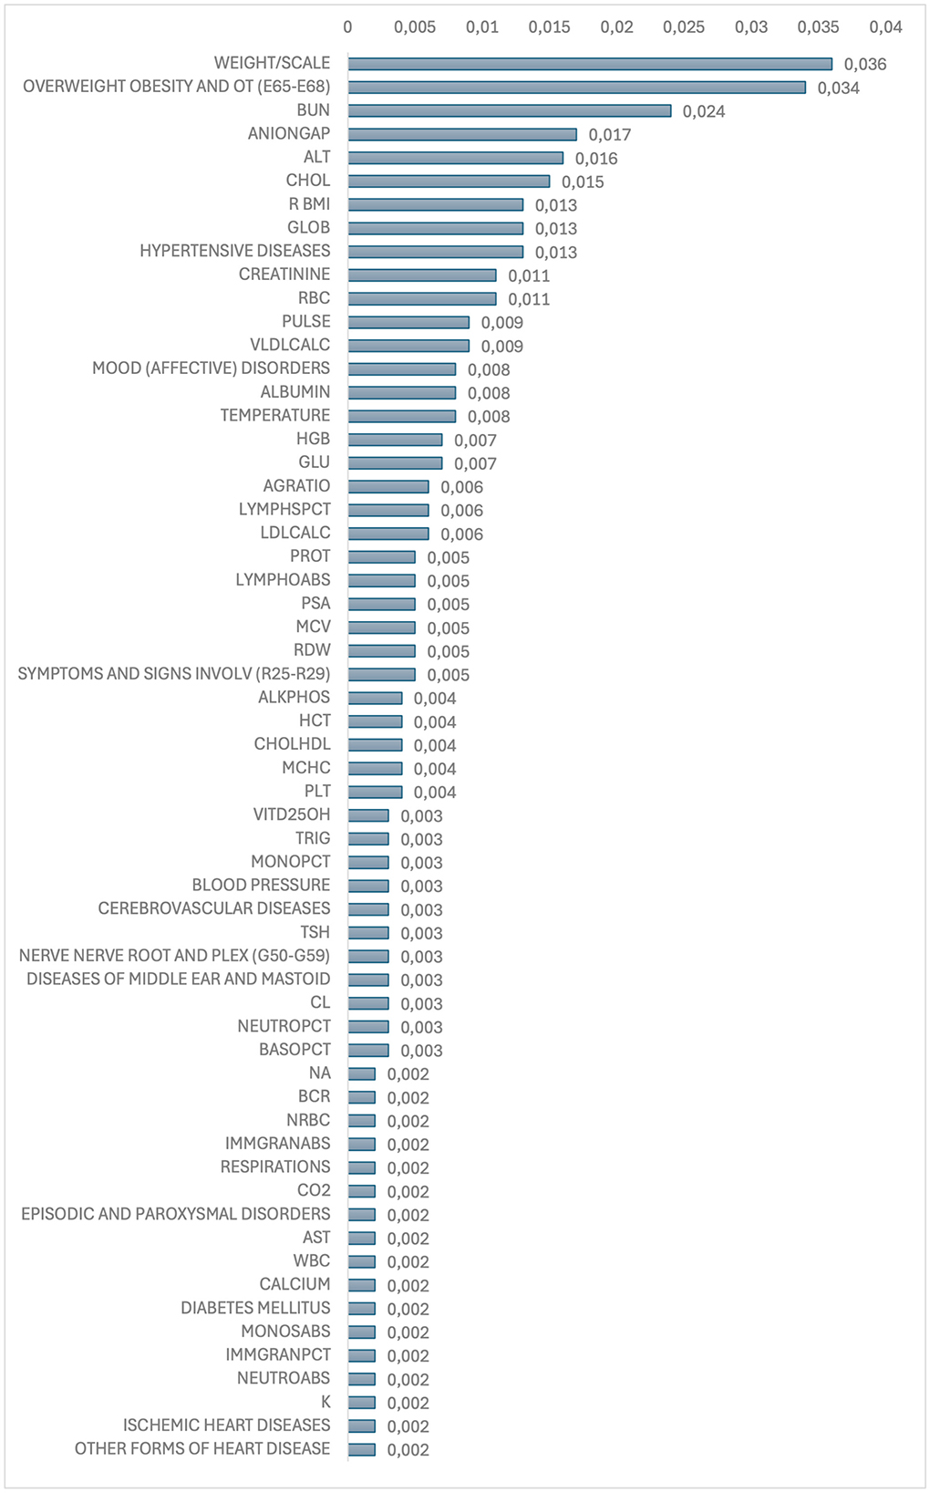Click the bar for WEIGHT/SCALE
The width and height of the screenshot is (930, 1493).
coord(589,64)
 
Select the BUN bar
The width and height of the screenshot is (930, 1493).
coord(509,111)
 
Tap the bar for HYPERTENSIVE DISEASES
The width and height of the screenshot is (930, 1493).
coord(435,252)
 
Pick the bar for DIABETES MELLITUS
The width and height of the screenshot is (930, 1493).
coord(361,1309)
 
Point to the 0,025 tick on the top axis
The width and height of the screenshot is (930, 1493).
coord(684,27)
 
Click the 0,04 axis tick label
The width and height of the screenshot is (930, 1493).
coord(885,27)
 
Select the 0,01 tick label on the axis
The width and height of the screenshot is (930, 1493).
coord(482,27)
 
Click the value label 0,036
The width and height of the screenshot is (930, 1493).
coord(865,64)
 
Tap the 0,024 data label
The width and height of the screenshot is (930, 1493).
coord(704,111)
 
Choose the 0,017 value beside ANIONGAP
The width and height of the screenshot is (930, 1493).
coord(610,135)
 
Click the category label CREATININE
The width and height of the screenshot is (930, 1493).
coord(284,275)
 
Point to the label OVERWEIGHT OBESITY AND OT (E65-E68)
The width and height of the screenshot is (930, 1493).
coord(177,87)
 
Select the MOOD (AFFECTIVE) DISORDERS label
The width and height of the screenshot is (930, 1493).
coord(211,368)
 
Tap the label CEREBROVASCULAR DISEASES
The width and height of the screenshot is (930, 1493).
coord(214,908)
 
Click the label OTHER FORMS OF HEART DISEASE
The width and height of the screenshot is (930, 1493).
coord(202,1448)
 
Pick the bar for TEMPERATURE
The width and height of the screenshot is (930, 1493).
coord(401,416)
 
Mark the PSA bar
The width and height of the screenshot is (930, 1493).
coord(381,604)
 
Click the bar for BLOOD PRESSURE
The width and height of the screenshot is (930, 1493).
coord(368,886)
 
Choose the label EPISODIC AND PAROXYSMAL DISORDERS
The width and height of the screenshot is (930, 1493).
coord(176,1214)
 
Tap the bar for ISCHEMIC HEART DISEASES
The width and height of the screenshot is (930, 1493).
coord(361,1426)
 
